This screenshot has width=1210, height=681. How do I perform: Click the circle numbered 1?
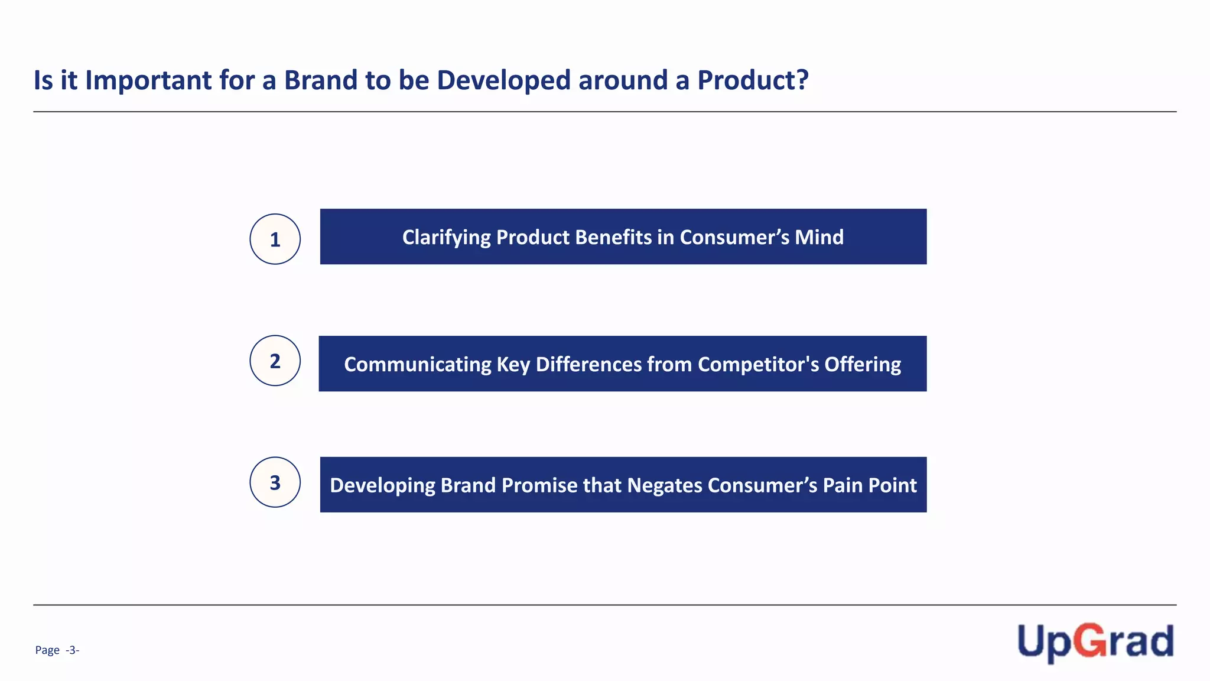tap(275, 239)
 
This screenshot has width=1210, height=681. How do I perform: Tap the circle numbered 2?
tap(275, 361)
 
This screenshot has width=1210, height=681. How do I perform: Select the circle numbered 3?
tap(275, 482)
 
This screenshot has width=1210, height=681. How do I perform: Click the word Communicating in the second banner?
tap(417, 365)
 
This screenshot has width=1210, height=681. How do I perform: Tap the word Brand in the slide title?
tap(321, 80)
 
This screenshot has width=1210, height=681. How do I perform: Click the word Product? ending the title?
tap(753, 80)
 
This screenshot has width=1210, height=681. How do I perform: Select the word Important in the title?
tap(148, 80)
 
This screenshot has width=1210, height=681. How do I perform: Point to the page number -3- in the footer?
tap(72, 650)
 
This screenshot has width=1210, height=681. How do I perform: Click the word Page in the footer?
tap(47, 650)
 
